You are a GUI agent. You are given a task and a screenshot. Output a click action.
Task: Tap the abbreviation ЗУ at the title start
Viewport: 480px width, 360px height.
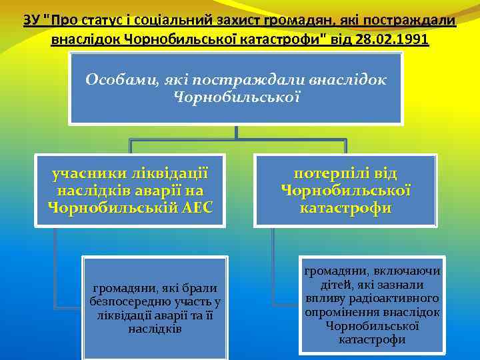[x=31, y=20]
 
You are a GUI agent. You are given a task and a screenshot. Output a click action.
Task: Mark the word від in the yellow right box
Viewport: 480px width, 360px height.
[x=384, y=174]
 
